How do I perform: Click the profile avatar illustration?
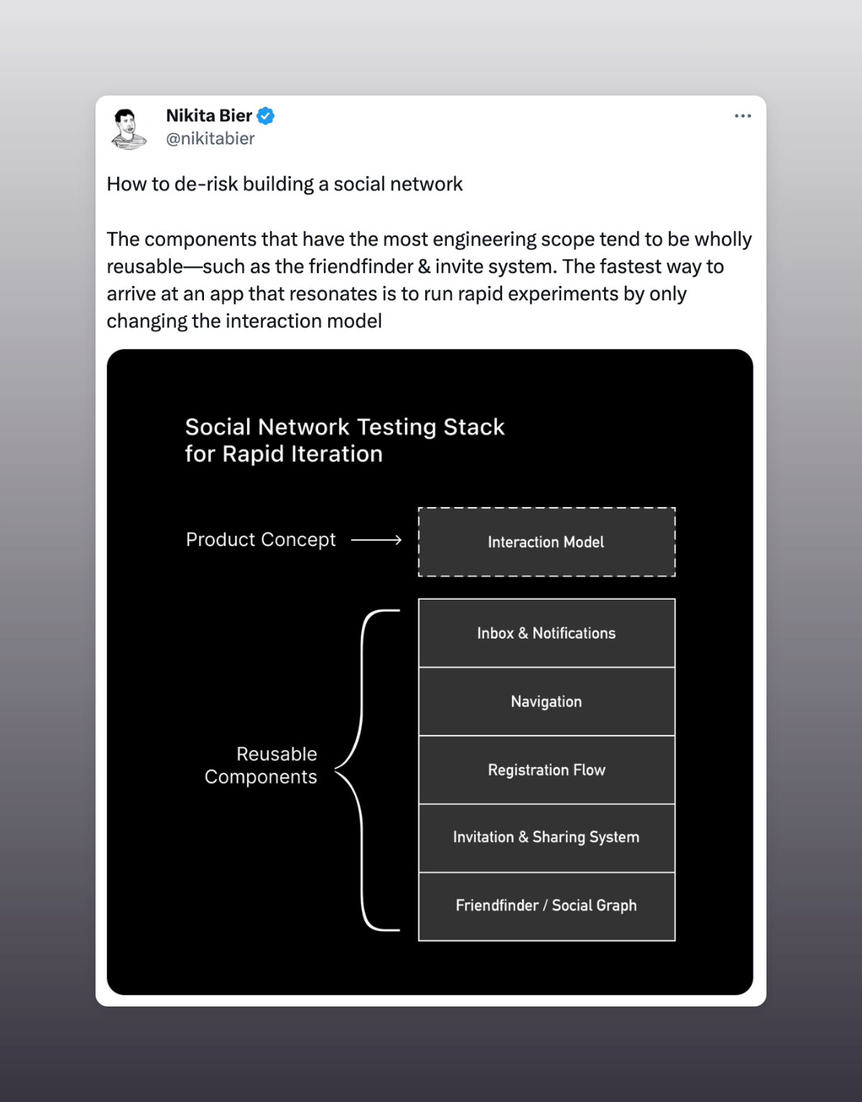pos(129,129)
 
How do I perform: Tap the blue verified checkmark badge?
pos(266,116)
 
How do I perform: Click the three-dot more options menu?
pos(743,116)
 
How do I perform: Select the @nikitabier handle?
pos(210,139)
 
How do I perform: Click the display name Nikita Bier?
pos(208,116)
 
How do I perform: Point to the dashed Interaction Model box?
pos(547,542)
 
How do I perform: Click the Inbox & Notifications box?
pos(547,633)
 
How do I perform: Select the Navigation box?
pos(547,701)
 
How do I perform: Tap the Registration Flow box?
pos(547,769)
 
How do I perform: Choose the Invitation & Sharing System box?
pos(547,837)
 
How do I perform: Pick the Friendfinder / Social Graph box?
pos(547,905)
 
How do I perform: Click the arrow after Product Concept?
pos(376,540)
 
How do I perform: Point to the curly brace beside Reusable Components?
pos(363,769)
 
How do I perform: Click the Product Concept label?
pos(261,540)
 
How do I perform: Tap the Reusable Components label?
pos(261,765)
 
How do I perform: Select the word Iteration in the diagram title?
pos(338,454)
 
